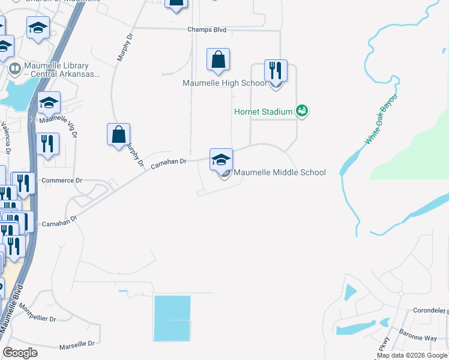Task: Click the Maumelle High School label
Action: [x=224, y=83]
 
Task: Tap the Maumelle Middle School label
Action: [x=279, y=173]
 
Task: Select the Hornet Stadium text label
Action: [x=263, y=112]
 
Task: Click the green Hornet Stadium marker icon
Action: [x=302, y=111]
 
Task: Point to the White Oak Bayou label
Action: [x=381, y=119]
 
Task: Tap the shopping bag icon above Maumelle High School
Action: [x=218, y=60]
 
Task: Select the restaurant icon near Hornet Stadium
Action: [x=276, y=71]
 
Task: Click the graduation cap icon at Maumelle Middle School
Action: [x=221, y=160]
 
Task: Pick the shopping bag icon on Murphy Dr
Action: [x=119, y=134]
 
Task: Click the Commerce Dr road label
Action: [x=62, y=181]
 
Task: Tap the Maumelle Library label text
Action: [x=58, y=70]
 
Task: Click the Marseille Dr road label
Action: [x=77, y=344]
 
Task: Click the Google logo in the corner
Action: [x=20, y=353]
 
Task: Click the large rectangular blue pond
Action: [x=172, y=319]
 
